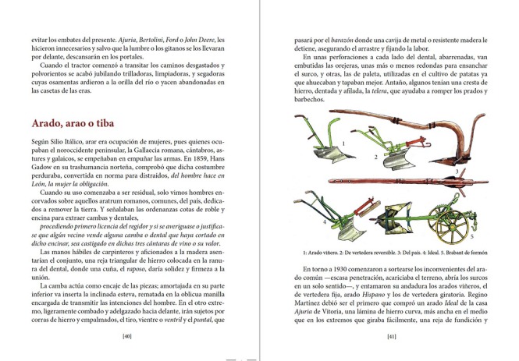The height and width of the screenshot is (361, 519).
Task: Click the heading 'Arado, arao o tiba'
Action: click(80, 124)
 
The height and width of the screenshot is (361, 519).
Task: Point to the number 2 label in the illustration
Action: click(375, 157)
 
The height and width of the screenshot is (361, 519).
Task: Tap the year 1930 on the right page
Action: click(322, 270)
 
